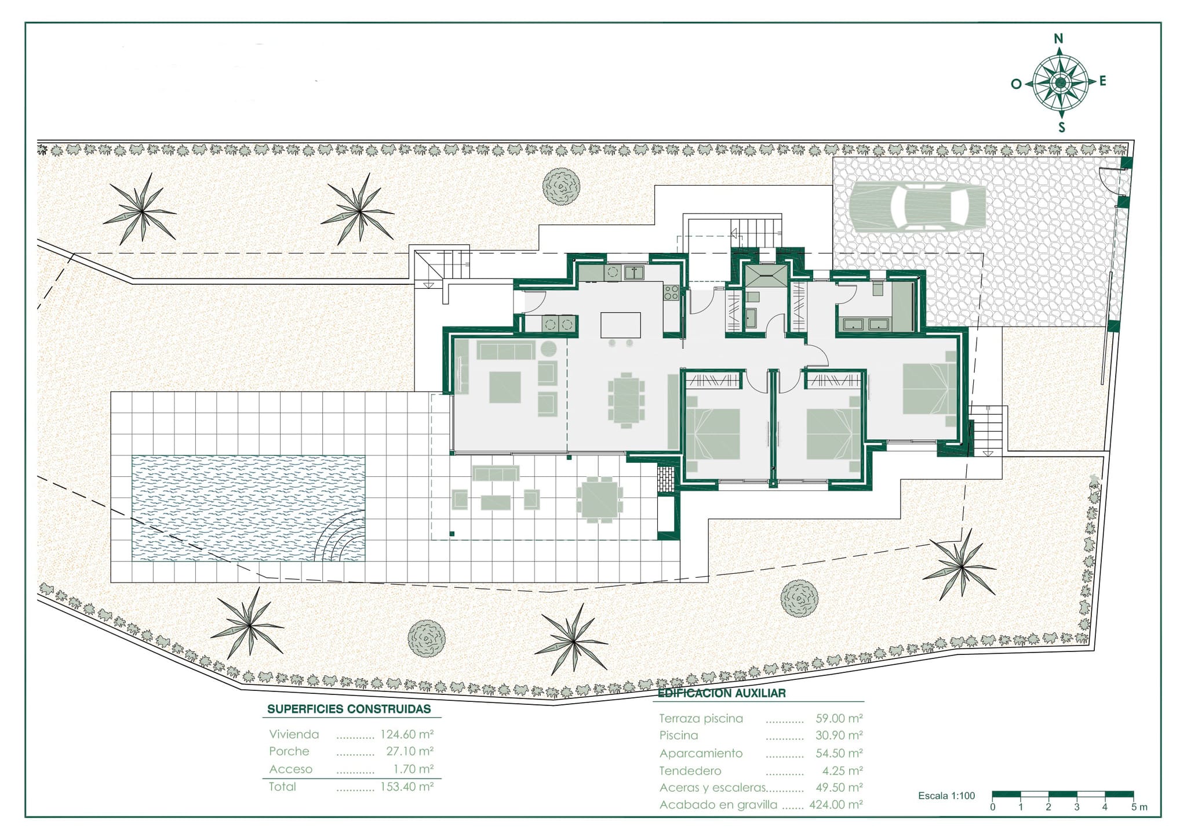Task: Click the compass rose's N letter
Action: click(1058, 39)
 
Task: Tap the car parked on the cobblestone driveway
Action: click(917, 205)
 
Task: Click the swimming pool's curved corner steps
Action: click(342, 536)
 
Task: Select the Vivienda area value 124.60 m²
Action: click(407, 734)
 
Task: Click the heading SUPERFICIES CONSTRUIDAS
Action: click(349, 709)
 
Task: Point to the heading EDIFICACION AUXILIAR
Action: click(722, 693)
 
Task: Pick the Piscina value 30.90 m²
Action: click(839, 735)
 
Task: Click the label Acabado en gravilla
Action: click(718, 805)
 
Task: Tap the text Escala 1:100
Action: click(946, 796)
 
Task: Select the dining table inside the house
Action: click(626, 400)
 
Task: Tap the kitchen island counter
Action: click(621, 325)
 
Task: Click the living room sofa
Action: click(505, 350)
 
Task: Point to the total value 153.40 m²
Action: click(407, 787)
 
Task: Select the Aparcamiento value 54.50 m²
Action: click(839, 753)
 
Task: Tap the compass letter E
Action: click(1102, 81)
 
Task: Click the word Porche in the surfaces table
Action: click(289, 751)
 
